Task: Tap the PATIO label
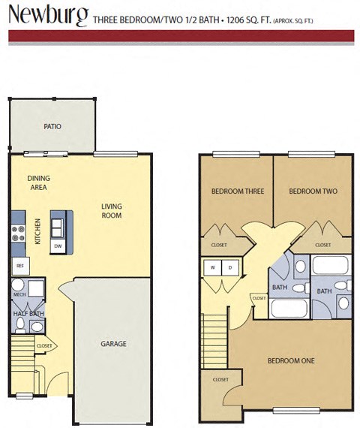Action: click(x=52, y=127)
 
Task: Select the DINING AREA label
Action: click(x=39, y=182)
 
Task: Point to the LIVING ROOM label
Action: click(x=112, y=211)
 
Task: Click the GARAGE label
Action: click(x=114, y=345)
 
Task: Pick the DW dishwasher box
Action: click(x=58, y=246)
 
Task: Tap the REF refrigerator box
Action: click(x=19, y=266)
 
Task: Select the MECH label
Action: click(x=20, y=294)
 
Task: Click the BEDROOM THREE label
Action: click(x=238, y=191)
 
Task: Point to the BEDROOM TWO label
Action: click(x=313, y=191)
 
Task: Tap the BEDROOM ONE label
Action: click(x=291, y=360)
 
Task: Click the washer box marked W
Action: click(x=213, y=267)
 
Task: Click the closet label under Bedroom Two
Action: click(x=323, y=245)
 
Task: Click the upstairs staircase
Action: click(x=214, y=330)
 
